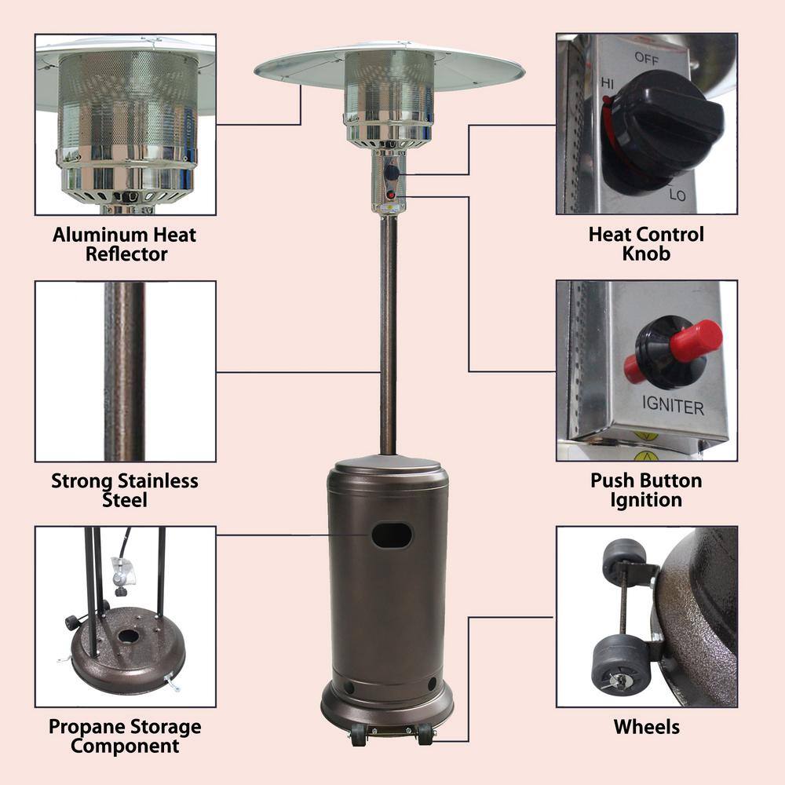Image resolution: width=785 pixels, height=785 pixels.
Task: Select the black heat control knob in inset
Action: pyautogui.click(x=660, y=130)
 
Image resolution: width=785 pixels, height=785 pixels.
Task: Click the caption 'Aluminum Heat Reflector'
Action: pyautogui.click(x=125, y=244)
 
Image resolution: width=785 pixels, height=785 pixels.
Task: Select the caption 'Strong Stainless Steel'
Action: pyautogui.click(x=125, y=490)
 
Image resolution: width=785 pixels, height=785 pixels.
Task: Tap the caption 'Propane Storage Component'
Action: pyautogui.click(x=125, y=736)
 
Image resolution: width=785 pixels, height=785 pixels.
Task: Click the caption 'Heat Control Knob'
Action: pyautogui.click(x=646, y=243)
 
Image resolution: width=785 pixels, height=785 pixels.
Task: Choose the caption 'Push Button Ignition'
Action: pyautogui.click(x=646, y=490)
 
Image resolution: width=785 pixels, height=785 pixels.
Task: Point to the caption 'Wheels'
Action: pyautogui.click(x=646, y=726)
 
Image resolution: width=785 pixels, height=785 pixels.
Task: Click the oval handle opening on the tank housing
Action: pyautogui.click(x=392, y=536)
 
